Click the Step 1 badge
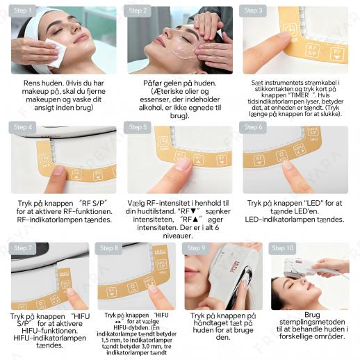tap(22, 10)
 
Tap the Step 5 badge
tap(138, 127)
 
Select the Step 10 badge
tap(282, 248)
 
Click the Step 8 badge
tap(108, 248)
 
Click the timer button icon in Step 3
tap(289, 31)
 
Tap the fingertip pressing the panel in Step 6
tap(288, 166)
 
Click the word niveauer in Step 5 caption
tap(178, 236)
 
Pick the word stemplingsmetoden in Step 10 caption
tap(312, 322)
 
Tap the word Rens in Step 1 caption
tap(31, 83)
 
